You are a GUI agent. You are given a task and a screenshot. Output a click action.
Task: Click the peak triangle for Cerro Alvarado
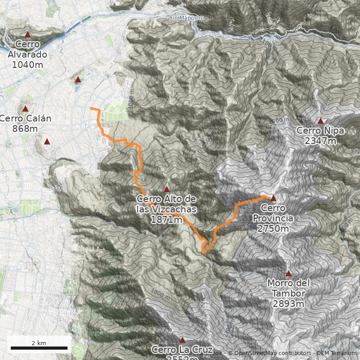pyautogui.click(x=27, y=34)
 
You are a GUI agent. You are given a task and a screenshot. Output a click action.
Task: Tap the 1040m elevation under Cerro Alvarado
pyautogui.click(x=27, y=64)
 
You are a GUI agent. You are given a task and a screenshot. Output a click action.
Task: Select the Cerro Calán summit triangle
pyautogui.click(x=25, y=108)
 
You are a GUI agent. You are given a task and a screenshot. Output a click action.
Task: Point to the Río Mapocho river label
pyautogui.click(x=187, y=18)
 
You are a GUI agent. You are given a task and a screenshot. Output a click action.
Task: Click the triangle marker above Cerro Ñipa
pyautogui.click(x=320, y=121)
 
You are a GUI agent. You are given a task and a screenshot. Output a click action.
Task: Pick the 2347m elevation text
pyautogui.click(x=320, y=141)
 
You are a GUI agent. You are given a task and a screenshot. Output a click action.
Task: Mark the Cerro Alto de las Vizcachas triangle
pyautogui.click(x=166, y=189)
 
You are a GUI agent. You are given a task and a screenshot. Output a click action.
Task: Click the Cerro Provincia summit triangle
pyautogui.click(x=273, y=198)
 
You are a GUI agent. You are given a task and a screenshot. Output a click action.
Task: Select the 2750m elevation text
pyautogui.click(x=273, y=229)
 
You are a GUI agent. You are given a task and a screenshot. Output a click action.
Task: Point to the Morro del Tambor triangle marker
pyautogui.click(x=288, y=273)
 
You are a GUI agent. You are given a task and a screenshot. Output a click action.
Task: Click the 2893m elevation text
pyautogui.click(x=288, y=304)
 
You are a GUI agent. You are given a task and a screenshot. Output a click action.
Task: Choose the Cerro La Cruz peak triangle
pyautogui.click(x=182, y=340)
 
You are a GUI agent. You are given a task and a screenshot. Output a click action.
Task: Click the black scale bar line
pyautogui.click(x=39, y=348)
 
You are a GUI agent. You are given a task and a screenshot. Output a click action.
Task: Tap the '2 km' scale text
pyautogui.click(x=39, y=343)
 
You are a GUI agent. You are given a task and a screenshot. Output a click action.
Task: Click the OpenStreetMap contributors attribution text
pyautogui.click(x=269, y=353)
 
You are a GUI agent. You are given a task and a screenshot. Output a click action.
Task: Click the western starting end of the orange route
pyautogui.click(x=91, y=108)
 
